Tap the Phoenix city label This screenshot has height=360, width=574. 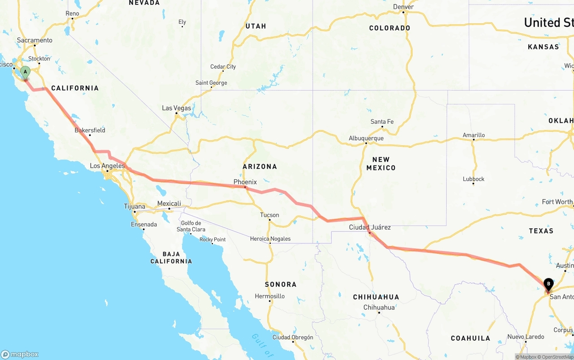[x=245, y=182]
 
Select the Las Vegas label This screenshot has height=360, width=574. [x=176, y=108]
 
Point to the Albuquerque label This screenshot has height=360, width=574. [x=366, y=138]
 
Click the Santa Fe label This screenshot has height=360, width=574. [x=382, y=121]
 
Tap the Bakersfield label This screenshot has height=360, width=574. [x=90, y=130]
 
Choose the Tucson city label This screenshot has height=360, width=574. [x=270, y=215]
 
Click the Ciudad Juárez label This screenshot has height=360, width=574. [x=370, y=227]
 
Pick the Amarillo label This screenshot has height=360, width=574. [x=474, y=135]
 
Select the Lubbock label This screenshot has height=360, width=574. [x=474, y=179]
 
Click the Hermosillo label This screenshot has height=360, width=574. [x=270, y=296]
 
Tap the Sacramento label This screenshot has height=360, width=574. [x=35, y=40]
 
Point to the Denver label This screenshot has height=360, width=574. [x=403, y=7]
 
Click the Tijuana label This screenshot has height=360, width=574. [x=135, y=206]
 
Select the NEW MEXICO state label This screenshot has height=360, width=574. [x=381, y=164]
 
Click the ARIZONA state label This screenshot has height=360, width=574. [x=260, y=166]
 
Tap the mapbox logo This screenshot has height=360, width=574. [x=20, y=354]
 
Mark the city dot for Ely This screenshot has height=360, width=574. [x=182, y=26]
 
